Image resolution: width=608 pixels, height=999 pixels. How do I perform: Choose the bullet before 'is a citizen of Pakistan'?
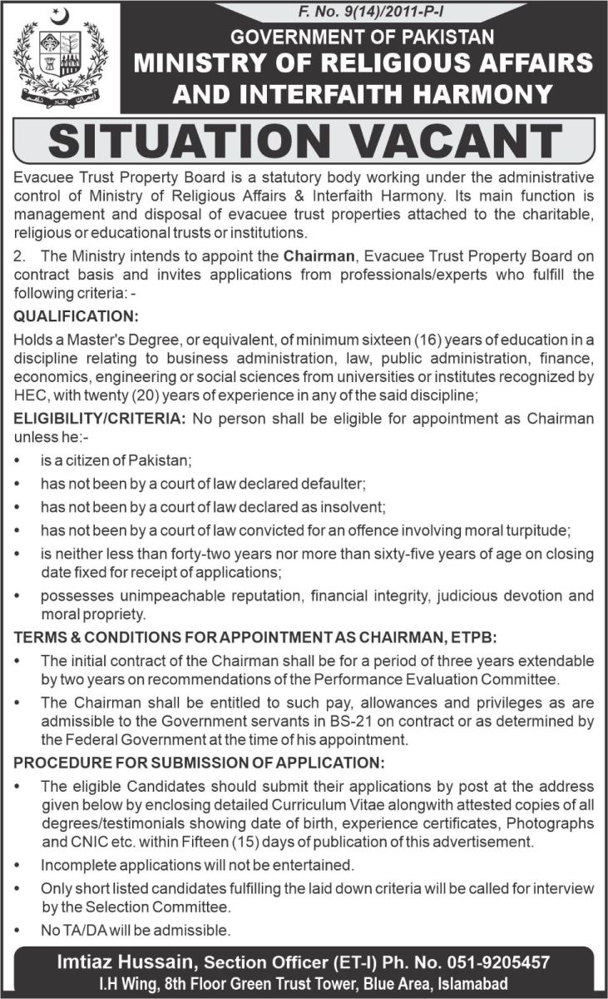pyautogui.click(x=17, y=460)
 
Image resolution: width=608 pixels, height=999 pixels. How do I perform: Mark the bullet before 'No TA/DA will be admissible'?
pyautogui.click(x=17, y=929)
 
